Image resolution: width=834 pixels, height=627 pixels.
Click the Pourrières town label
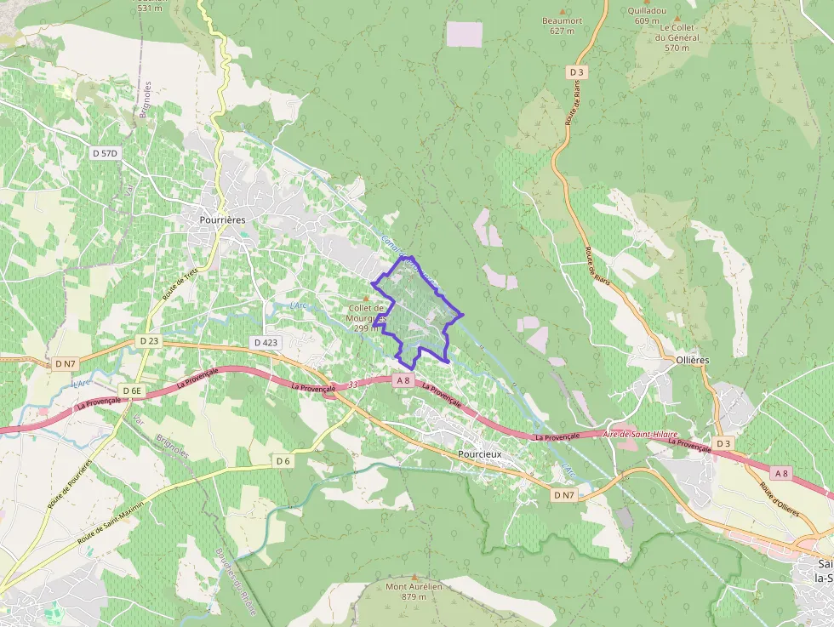(x=222, y=219)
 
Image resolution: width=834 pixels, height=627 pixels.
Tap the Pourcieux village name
(x=480, y=454)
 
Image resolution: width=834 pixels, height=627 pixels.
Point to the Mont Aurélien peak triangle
(x=414, y=577)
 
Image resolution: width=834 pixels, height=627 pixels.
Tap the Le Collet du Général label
(x=677, y=37)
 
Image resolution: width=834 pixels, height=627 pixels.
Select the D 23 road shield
(x=148, y=340)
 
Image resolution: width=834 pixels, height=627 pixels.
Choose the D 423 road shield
(x=266, y=342)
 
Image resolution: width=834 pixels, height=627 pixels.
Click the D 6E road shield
(x=131, y=390)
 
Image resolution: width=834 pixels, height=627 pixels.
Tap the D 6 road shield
(x=283, y=461)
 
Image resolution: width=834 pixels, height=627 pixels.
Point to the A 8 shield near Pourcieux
(x=403, y=381)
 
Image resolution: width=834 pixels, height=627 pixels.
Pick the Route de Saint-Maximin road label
(x=111, y=522)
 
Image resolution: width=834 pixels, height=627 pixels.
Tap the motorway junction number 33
(x=353, y=385)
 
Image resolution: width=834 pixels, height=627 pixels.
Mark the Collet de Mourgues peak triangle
(x=367, y=297)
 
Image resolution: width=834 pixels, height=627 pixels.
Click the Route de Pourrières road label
(x=69, y=484)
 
